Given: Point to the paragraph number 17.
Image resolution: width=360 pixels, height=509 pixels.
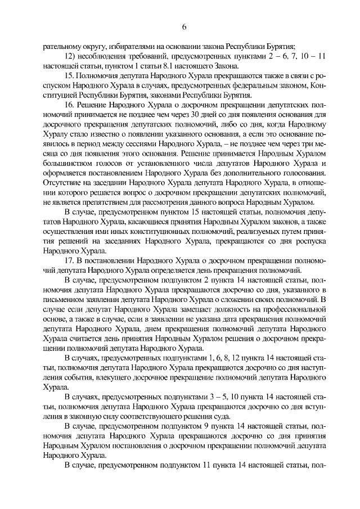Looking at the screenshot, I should (x=70, y=261).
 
